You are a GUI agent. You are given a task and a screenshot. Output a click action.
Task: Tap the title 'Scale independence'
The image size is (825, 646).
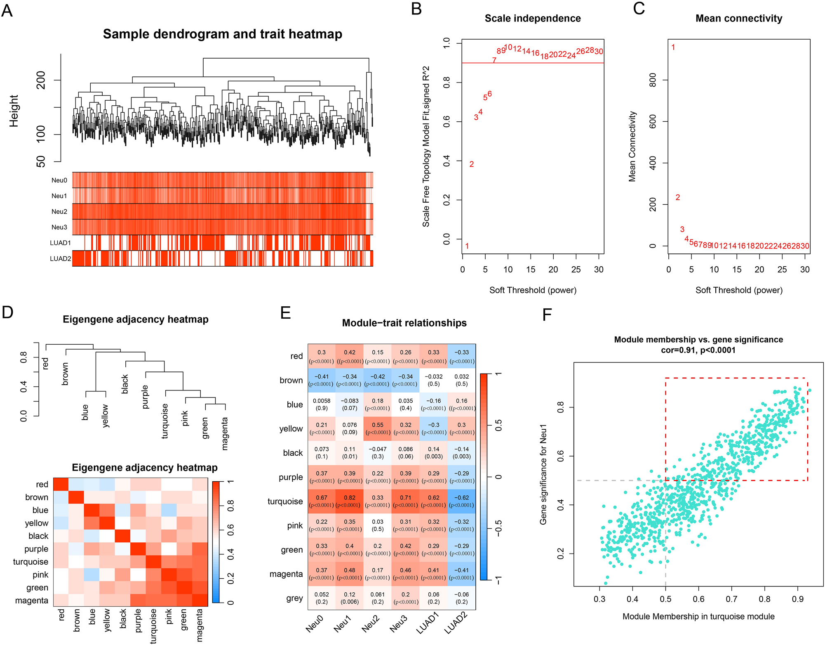tap(532, 19)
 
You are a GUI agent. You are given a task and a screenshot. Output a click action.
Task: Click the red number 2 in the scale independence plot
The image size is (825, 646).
tap(472, 164)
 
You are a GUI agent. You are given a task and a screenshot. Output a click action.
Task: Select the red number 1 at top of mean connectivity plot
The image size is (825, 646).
tap(673, 47)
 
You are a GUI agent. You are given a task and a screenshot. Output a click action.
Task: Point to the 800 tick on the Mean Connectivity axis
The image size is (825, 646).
tap(653, 80)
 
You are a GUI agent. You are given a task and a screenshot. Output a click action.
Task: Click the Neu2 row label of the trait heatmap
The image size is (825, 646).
tap(59, 212)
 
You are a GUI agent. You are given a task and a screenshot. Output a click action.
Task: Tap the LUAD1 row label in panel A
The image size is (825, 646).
tap(60, 243)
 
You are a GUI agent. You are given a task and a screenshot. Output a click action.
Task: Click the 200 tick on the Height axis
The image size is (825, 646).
tap(41, 80)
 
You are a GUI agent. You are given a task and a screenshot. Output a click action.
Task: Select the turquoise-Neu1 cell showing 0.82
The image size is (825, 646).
tap(349, 501)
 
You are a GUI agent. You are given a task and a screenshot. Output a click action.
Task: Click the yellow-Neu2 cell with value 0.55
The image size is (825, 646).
tap(377, 428)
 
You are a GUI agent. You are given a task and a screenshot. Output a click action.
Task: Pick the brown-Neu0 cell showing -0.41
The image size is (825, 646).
tap(321, 380)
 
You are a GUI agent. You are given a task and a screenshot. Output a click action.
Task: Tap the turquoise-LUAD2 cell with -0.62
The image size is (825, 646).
tap(461, 501)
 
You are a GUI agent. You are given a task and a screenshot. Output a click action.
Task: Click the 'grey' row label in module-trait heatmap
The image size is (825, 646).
tap(294, 598)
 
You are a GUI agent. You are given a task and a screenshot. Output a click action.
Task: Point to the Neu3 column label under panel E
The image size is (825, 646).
tap(398, 624)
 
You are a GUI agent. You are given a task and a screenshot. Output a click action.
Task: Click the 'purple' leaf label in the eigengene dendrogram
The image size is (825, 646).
tap(145, 397)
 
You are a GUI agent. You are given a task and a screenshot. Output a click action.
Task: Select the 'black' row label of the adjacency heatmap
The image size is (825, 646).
tap(38, 536)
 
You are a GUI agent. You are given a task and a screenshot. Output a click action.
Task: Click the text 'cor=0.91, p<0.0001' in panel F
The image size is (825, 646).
tap(698, 350)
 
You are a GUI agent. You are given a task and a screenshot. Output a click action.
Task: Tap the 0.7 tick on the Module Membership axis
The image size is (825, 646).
tap(731, 599)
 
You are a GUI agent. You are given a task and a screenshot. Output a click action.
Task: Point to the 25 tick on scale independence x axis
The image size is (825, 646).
tap(576, 270)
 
